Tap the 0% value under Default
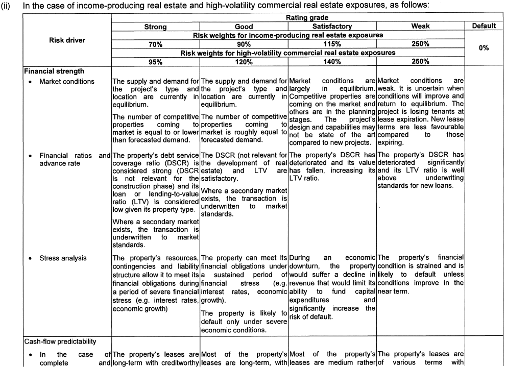[484, 47]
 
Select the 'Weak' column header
[420, 26]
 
